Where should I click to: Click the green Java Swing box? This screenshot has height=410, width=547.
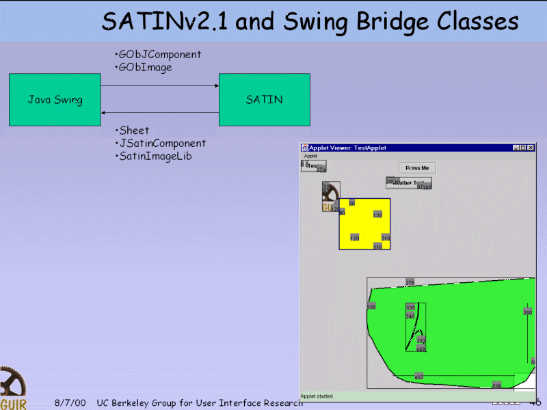(55, 100)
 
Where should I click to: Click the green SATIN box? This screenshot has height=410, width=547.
(264, 100)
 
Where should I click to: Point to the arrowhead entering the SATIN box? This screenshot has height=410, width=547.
(216, 86)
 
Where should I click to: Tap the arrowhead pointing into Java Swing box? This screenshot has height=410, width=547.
(103, 113)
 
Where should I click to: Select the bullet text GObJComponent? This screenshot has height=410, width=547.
(160, 55)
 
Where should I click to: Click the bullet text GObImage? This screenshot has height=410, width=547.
(146, 68)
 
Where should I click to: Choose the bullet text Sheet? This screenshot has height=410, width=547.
(134, 131)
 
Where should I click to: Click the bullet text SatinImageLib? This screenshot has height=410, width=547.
(155, 156)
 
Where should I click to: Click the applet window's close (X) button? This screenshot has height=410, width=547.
(531, 148)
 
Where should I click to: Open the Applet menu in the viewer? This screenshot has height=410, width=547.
(310, 156)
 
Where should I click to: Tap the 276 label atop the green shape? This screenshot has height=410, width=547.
(410, 282)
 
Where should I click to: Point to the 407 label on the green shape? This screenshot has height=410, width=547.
(419, 377)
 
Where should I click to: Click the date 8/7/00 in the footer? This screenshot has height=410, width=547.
(70, 403)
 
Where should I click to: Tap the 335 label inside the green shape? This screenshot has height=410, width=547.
(410, 308)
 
